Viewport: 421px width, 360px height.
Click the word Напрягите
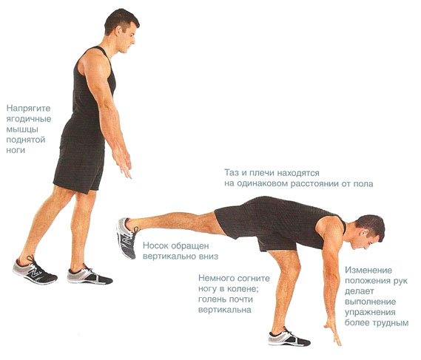click(28, 109)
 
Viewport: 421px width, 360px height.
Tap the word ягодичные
click(29, 119)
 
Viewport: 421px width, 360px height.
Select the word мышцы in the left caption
click(22, 129)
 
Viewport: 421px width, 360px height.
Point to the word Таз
click(232, 172)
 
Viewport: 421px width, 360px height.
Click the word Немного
click(215, 278)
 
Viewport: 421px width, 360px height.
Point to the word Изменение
click(368, 270)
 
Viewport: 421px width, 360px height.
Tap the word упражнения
click(370, 313)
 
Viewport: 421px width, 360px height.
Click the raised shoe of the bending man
click(127, 238)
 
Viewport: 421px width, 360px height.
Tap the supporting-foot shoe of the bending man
click(289, 337)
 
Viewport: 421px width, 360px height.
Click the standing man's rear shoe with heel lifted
click(34, 270)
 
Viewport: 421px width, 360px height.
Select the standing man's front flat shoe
click(89, 275)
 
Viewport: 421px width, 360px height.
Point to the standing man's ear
click(119, 31)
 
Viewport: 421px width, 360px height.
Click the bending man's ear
click(363, 233)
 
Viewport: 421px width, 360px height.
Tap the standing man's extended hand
click(123, 163)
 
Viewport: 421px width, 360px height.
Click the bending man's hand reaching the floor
click(334, 333)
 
